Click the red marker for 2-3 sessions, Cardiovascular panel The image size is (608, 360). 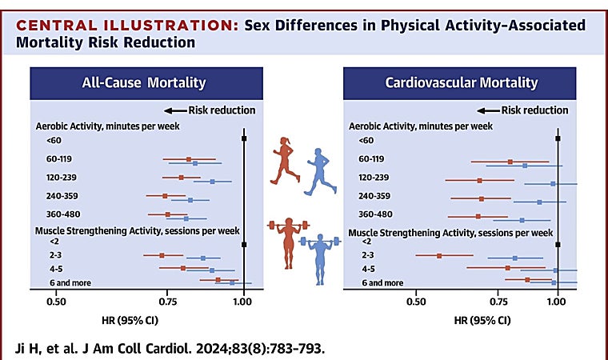click(439, 256)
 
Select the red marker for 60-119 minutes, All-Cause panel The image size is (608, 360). click(189, 159)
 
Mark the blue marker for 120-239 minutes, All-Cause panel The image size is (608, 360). click(212, 182)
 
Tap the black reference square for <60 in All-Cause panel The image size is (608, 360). click(244, 139)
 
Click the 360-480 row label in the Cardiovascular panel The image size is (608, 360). click(375, 214)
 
